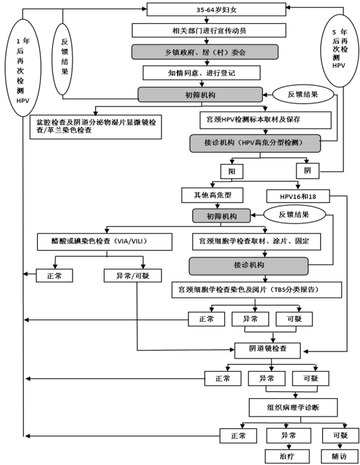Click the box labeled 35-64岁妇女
click(x=216, y=9)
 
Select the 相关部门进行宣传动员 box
click(x=209, y=30)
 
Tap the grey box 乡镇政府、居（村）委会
click(x=205, y=52)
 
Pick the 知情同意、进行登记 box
click(x=202, y=73)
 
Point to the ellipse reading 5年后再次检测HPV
click(x=339, y=50)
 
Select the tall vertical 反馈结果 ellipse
click(x=64, y=59)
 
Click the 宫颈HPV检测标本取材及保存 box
click(x=265, y=120)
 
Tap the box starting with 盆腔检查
click(x=96, y=127)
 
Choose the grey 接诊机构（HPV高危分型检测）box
click(x=255, y=143)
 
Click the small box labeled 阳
click(x=232, y=172)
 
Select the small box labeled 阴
click(x=308, y=171)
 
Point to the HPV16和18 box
click(x=298, y=196)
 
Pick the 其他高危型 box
click(x=212, y=195)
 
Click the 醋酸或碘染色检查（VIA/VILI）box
click(x=105, y=242)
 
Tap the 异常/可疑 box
click(x=133, y=276)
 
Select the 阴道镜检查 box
click(x=267, y=350)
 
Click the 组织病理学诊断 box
click(x=293, y=408)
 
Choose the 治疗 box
click(x=287, y=456)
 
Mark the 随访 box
click(x=339, y=456)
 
